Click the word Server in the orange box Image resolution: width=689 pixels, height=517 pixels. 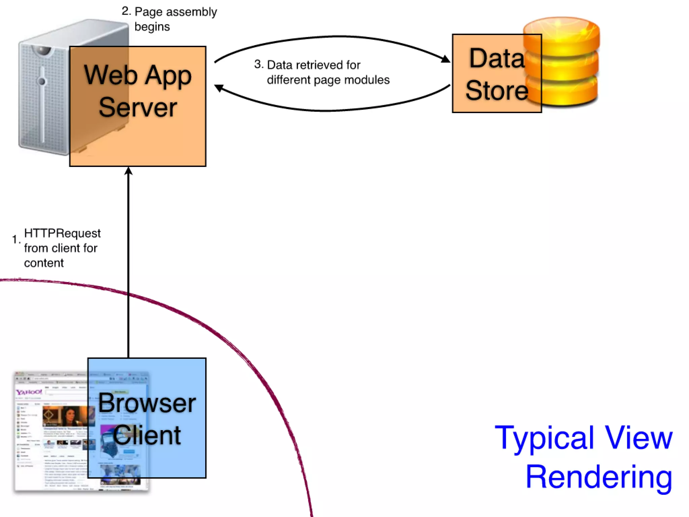138,107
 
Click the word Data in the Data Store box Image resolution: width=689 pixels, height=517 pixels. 497,58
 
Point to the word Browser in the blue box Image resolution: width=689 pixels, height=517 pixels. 147,403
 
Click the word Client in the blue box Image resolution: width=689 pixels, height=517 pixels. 147,435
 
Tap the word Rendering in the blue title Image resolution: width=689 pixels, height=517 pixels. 599,477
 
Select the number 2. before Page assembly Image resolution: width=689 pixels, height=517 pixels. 126,11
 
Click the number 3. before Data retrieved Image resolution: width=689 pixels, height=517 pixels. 259,64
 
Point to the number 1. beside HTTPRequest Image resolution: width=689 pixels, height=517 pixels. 16,239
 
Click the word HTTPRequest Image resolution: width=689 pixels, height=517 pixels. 62,233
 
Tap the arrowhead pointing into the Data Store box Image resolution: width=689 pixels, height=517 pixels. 446,59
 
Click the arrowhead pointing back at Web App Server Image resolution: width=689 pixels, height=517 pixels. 219,88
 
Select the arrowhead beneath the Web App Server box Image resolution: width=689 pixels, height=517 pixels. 128,171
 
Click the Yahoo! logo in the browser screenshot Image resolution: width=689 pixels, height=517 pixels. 29,392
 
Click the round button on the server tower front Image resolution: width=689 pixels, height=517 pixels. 42,81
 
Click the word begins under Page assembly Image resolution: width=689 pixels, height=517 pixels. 152,27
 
